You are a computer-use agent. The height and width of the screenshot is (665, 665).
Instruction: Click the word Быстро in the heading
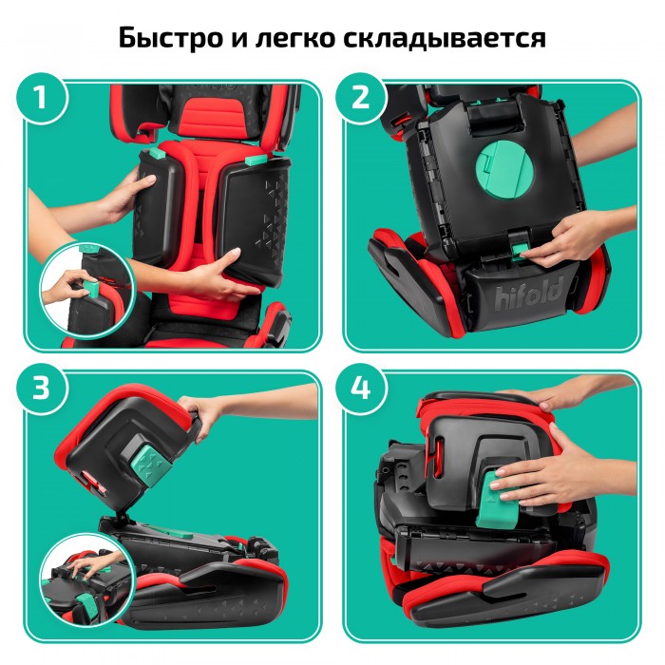pos(170,37)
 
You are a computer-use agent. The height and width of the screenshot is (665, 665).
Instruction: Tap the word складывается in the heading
pos(444,38)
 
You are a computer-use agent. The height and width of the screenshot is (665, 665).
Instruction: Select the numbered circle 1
pos(41,98)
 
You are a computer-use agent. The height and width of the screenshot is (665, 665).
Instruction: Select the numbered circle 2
pos(360,98)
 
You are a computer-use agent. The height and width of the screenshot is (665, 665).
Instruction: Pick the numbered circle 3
pos(41,389)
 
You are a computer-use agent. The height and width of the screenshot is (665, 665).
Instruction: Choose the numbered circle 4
pos(360,389)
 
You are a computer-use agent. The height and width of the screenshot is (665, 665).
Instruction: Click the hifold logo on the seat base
pos(530,294)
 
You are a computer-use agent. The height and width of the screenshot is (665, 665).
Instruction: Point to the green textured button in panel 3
pos(150,465)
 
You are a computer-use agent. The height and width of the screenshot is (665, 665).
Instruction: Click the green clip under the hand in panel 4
pos(495,501)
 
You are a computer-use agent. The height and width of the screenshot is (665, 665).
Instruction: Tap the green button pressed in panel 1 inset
pos(91,289)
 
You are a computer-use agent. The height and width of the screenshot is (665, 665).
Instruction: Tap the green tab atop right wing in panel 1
pos(256,161)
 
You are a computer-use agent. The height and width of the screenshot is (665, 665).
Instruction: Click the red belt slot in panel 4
pos(439,456)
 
